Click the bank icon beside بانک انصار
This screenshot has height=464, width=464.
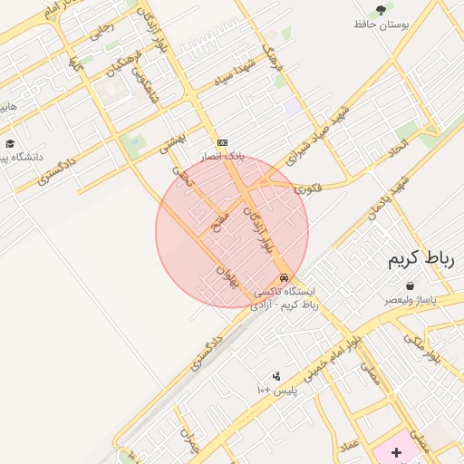(222, 142)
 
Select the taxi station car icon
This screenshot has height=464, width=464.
(285, 277)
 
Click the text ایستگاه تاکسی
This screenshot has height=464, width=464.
(285, 292)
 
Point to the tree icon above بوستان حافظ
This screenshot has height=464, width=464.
(382, 10)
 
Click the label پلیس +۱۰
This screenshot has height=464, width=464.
(276, 390)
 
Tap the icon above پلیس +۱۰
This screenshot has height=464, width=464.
(276, 376)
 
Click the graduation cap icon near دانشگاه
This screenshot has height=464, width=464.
(10, 143)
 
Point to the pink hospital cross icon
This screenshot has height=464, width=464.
(396, 452)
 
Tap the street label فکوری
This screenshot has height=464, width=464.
(307, 188)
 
